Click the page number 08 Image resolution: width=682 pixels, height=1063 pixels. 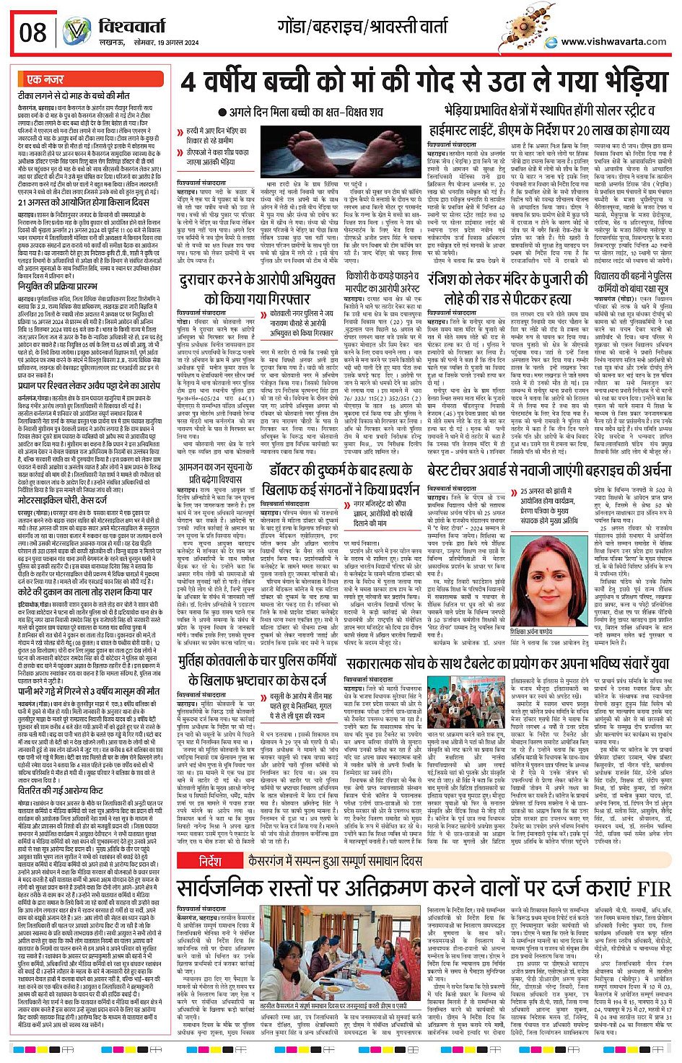(33, 32)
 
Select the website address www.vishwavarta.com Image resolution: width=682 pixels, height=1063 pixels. (613, 42)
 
